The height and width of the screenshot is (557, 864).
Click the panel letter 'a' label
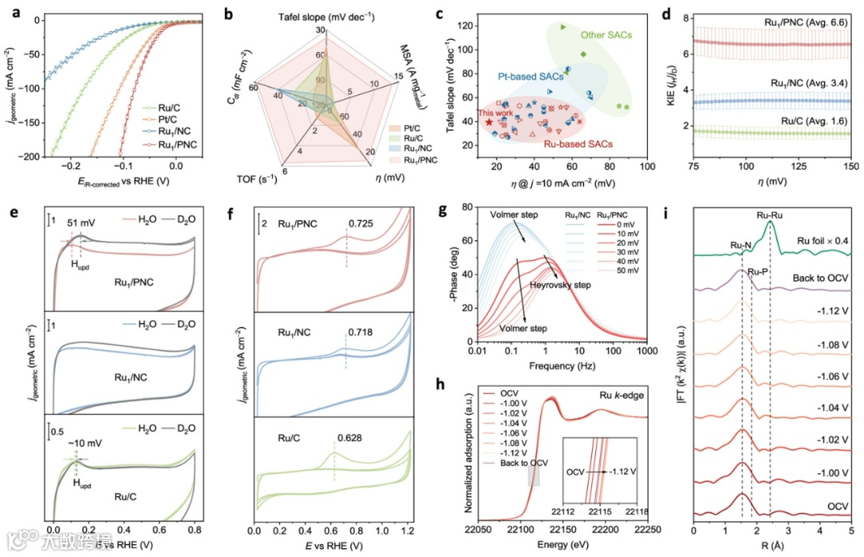pyautogui.click(x=8, y=10)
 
